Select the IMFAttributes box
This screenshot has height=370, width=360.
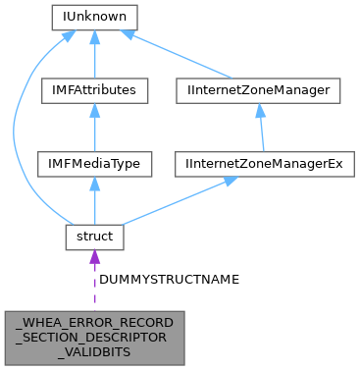click(94, 90)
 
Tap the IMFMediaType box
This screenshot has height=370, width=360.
click(94, 163)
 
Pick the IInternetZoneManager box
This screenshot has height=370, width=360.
click(259, 90)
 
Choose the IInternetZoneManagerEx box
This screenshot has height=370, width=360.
click(259, 163)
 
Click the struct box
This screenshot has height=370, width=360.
click(94, 236)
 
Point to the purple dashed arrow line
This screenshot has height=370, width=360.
click(94, 285)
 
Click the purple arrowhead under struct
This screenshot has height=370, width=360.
click(94, 257)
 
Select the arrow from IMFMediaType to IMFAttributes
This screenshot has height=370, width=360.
click(94, 130)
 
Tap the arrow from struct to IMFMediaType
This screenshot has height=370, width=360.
click(94, 202)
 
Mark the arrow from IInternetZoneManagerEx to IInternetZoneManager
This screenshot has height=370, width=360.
click(259, 130)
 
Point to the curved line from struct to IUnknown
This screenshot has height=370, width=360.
click(16, 128)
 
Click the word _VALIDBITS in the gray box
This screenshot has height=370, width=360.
click(94, 350)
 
